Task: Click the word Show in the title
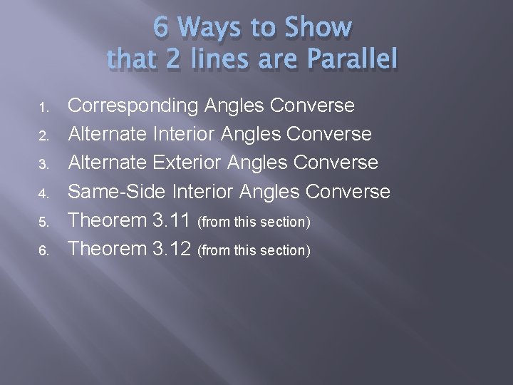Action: click(x=318, y=28)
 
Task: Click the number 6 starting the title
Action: click(x=161, y=28)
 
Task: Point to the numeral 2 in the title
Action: click(x=173, y=60)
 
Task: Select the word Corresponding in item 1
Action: click(x=133, y=106)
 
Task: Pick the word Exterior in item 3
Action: click(x=195, y=163)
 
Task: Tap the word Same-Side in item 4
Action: click(x=116, y=192)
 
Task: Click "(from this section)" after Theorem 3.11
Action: click(x=254, y=222)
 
